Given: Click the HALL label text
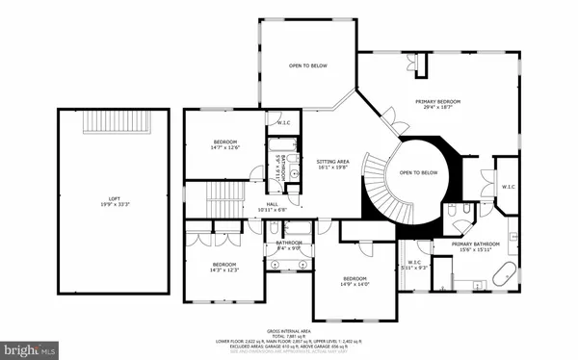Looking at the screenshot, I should [x=275, y=204].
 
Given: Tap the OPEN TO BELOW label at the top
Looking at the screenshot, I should [x=308, y=65].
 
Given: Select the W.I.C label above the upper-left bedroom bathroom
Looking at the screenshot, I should [x=284, y=123].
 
